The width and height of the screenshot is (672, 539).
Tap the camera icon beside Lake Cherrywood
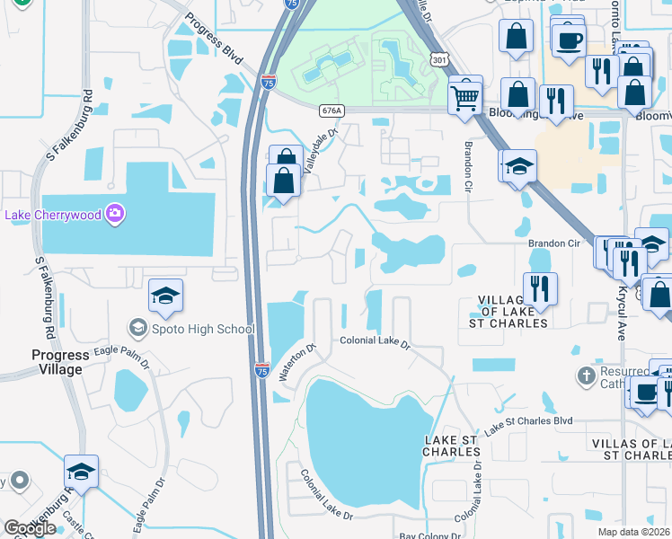click(x=115, y=213)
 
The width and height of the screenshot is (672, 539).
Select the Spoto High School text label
click(x=204, y=329)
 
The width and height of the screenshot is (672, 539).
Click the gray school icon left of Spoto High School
click(x=137, y=328)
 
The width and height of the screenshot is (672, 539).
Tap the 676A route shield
click(x=331, y=110)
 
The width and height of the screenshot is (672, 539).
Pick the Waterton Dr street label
click(x=297, y=363)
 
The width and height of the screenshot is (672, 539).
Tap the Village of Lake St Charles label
click(x=508, y=312)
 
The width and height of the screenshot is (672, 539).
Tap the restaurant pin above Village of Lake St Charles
click(x=540, y=288)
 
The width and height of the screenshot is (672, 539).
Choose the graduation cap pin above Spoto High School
click(x=165, y=296)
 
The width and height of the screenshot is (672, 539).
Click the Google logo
click(x=30, y=528)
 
